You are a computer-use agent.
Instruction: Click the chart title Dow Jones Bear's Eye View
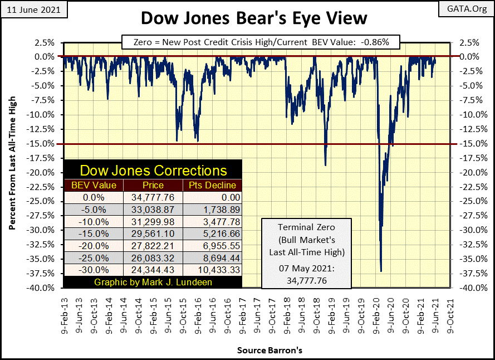(254, 18)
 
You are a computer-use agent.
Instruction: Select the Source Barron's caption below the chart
(262, 351)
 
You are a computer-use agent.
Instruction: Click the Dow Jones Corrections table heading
(153, 171)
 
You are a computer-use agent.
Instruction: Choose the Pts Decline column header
(212, 186)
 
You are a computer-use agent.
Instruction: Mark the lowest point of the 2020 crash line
(381, 271)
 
